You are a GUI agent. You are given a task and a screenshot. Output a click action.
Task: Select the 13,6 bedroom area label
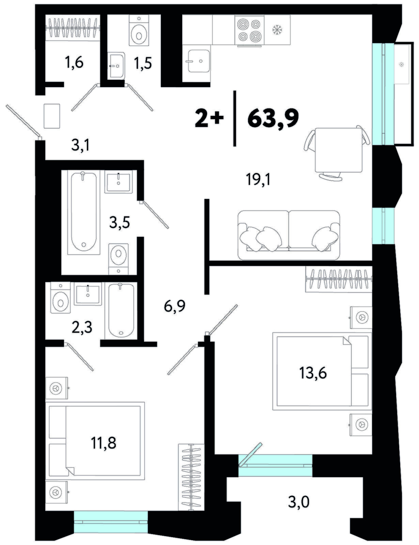(x=313, y=373)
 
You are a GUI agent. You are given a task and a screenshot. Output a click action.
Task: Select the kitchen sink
(x=199, y=60)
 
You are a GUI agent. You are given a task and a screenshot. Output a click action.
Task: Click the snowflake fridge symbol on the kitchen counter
(x=277, y=30)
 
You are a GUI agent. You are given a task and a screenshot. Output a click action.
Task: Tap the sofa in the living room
(x=289, y=235)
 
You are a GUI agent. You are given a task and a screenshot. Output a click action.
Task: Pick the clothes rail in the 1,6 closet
(x=73, y=27)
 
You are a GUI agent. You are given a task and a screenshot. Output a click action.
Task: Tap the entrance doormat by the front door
(x=52, y=116)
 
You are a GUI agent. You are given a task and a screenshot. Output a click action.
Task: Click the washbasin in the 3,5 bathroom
(x=119, y=181)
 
